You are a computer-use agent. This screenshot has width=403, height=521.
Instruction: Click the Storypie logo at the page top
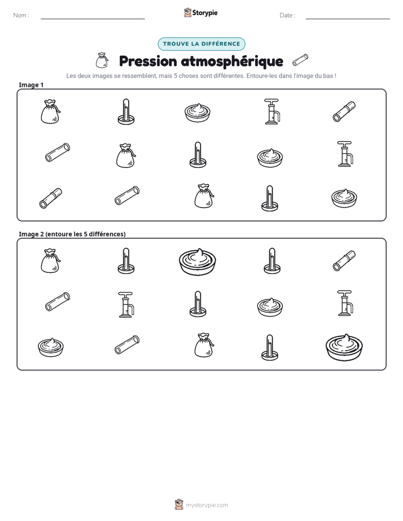pyautogui.click(x=200, y=12)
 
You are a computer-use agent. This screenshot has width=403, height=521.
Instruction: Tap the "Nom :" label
pyautogui.click(x=21, y=15)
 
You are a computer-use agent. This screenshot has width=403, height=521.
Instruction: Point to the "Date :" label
pyautogui.click(x=287, y=15)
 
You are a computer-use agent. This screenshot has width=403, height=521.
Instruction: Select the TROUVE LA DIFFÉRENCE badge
pyautogui.click(x=201, y=44)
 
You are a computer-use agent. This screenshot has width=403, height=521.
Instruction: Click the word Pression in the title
pyautogui.click(x=148, y=61)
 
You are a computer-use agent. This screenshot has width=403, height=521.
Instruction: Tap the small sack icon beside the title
pyautogui.click(x=102, y=60)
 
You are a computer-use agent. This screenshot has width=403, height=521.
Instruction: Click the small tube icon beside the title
pyautogui.click(x=300, y=60)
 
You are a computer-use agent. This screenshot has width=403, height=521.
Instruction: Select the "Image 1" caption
pyautogui.click(x=31, y=85)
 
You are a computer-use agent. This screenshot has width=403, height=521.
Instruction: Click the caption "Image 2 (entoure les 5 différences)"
pyautogui.click(x=72, y=234)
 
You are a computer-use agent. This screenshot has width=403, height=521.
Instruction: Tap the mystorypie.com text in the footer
pyautogui.click(x=207, y=505)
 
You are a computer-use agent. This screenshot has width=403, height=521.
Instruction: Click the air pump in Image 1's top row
pyautogui.click(x=272, y=111)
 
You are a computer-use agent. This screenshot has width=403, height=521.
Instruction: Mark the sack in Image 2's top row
pyautogui.click(x=51, y=261)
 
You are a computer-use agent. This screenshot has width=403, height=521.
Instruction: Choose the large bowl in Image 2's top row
pyautogui.click(x=198, y=262)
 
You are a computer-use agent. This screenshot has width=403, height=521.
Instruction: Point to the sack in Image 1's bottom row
pyautogui.click(x=204, y=196)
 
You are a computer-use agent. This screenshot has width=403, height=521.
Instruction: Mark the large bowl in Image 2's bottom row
pyautogui.click(x=344, y=347)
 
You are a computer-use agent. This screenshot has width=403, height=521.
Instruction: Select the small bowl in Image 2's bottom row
pyautogui.click(x=51, y=347)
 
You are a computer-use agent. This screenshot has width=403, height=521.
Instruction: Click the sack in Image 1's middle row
pyautogui.click(x=126, y=155)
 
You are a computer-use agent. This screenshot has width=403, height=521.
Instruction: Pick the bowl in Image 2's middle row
pyautogui.click(x=270, y=307)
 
